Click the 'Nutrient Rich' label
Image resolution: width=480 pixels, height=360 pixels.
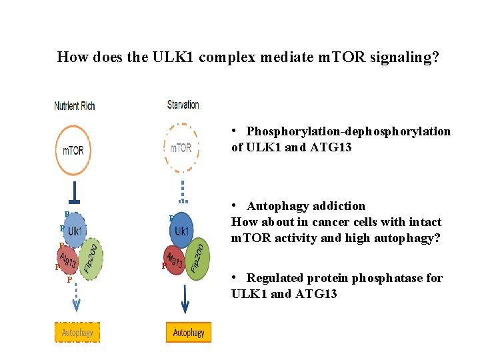[75, 105]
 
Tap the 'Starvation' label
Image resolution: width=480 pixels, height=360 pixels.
[183, 104]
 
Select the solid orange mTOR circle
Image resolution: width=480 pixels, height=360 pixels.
[73, 151]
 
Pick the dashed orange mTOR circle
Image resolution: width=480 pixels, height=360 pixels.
[181, 147]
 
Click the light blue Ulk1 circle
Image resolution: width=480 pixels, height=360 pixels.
[74, 229]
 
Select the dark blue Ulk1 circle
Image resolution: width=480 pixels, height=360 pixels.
[181, 229]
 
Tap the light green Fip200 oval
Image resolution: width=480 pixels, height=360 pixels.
[91, 259]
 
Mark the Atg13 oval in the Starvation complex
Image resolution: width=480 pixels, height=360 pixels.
[175, 259]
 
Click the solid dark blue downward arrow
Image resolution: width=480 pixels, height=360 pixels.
[185, 297]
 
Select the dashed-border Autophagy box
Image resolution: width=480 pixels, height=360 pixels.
[77, 331]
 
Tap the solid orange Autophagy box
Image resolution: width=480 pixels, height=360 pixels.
[189, 331]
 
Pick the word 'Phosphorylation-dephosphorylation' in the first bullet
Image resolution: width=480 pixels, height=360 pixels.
[349, 131]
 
